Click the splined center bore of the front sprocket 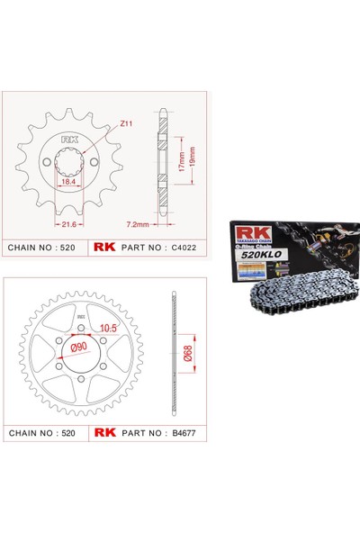click(71, 164)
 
